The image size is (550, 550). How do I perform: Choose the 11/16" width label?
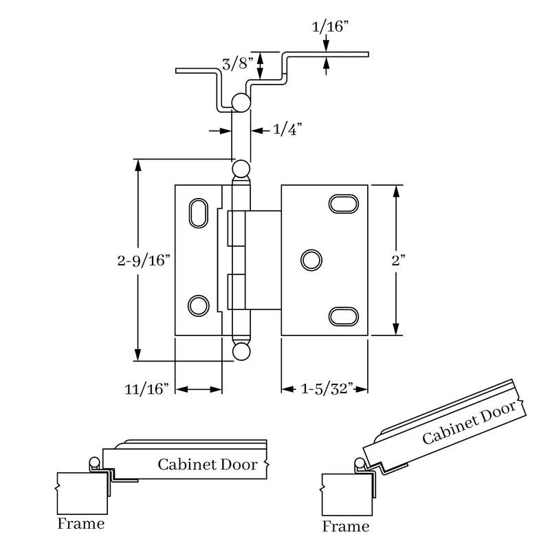pyautogui.click(x=147, y=389)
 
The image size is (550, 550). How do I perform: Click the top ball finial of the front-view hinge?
pyautogui.click(x=241, y=168)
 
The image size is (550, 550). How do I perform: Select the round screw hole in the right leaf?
pyautogui.click(x=311, y=260)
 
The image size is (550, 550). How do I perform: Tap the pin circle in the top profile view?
pyautogui.click(x=240, y=103)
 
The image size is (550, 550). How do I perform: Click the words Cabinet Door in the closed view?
pyautogui.click(x=207, y=465)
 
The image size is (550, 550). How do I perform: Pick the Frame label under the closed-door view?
pyautogui.click(x=81, y=524)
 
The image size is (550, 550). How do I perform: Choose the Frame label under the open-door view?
pyautogui.click(x=346, y=527)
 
